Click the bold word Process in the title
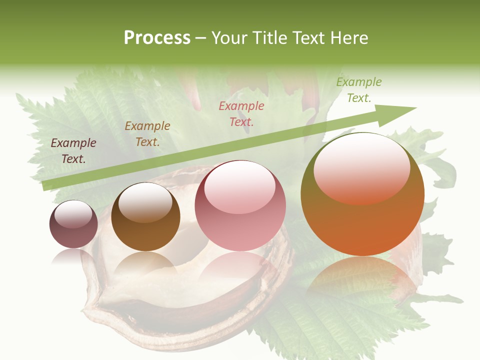[x=157, y=38]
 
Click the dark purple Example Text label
[x=73, y=151]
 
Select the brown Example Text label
[x=147, y=134]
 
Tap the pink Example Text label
[x=241, y=113]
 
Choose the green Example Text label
[x=359, y=90]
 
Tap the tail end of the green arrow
[x=45, y=186]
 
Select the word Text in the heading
[x=308, y=38]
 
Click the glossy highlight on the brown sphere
[x=145, y=202]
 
